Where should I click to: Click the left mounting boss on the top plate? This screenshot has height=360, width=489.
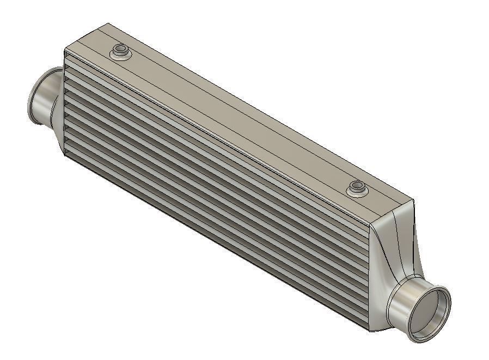[x=120, y=53]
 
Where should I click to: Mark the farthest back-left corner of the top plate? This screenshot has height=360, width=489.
[x=108, y=23]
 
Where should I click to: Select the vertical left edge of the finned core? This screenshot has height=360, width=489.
[x=65, y=103]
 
